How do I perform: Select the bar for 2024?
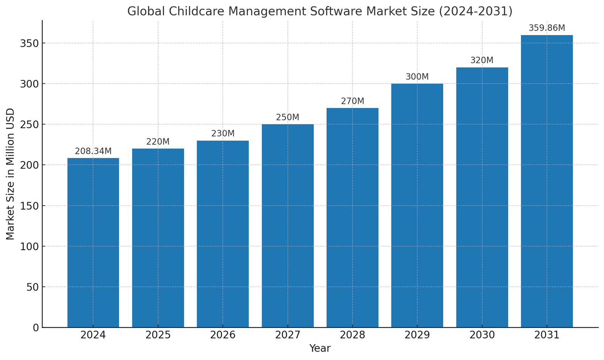coord(93,242)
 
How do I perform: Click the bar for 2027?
coord(288,226)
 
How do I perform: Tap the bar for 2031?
coord(547,181)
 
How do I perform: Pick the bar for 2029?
coord(417,205)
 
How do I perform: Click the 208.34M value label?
coord(93,151)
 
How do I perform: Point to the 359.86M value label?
coord(547,28)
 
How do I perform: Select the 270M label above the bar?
coord(352,101)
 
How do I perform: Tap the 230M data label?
coord(223,134)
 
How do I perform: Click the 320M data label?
coord(482,60)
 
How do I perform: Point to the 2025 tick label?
coord(158,335)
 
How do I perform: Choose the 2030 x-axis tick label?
coord(482,335)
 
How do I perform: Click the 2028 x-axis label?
coord(352,335)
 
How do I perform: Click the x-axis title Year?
coord(320,349)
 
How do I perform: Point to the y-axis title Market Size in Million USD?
coord(10,174)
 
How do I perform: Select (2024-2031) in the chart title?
coord(477,11)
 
